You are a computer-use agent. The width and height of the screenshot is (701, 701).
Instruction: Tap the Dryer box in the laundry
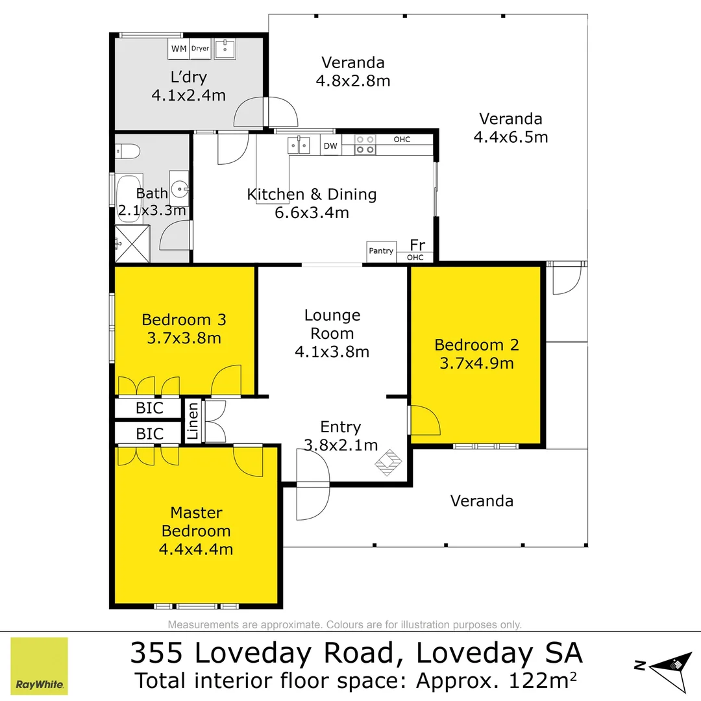tap(200, 48)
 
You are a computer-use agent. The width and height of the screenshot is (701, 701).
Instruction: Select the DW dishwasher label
tap(330, 146)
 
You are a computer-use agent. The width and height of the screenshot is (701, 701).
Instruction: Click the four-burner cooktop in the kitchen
tap(365, 144)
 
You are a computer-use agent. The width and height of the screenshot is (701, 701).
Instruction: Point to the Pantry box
tap(381, 251)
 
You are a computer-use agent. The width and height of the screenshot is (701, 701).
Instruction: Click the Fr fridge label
tap(417, 245)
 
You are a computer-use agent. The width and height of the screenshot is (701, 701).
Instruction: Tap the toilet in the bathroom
tap(128, 151)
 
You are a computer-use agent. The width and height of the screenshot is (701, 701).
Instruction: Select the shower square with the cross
tap(132, 243)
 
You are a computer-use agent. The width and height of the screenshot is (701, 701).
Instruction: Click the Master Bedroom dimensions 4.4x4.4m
tap(196, 549)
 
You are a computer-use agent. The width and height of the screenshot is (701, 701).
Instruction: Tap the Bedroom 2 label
tap(476, 345)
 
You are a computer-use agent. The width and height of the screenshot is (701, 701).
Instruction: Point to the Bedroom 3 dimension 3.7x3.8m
tap(184, 338)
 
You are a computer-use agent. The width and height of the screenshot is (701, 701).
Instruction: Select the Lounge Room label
tap(332, 325)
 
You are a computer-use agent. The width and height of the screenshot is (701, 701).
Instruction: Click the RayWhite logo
tap(40, 666)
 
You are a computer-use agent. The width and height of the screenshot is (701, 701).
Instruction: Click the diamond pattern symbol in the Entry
tap(389, 462)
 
